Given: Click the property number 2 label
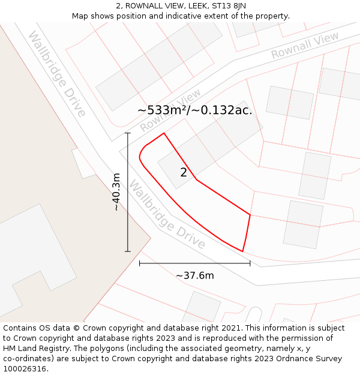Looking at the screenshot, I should click(x=184, y=173).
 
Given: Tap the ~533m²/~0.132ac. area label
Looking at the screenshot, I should click(x=194, y=110).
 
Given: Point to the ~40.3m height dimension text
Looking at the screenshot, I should click(x=116, y=191).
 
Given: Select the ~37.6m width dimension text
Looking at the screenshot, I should click(x=194, y=275).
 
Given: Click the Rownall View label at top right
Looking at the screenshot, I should click(x=304, y=46).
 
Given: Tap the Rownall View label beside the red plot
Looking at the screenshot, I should click(x=170, y=111).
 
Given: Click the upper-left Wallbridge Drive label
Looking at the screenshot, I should click(x=57, y=74).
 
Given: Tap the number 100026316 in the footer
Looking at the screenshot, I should click(x=26, y=369).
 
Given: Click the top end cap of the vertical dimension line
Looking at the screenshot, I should click(x=128, y=133).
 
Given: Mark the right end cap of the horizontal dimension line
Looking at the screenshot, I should click(x=250, y=263).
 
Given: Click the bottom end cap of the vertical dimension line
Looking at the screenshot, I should click(x=128, y=251).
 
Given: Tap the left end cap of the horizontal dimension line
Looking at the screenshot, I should click(x=139, y=263).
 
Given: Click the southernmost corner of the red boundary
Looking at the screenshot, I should click(x=242, y=251).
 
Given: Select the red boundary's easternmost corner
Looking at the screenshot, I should click(x=250, y=214).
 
